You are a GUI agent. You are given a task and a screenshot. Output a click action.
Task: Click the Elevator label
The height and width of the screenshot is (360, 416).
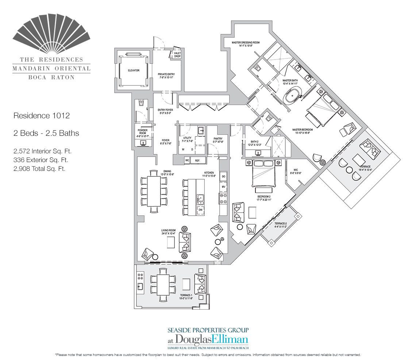pos(133,70)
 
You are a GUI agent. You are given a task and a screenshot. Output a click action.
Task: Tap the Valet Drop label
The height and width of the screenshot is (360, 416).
pos(177,55)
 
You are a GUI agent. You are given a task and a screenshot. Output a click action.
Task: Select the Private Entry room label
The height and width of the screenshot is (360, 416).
pos(166,76)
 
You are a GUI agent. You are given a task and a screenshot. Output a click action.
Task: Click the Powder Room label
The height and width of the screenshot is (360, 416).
pos(142,131)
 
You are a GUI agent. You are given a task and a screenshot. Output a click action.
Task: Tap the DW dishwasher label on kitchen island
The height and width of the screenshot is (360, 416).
pos(200,210)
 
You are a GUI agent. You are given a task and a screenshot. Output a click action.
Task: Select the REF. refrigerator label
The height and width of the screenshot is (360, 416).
pos(198,160)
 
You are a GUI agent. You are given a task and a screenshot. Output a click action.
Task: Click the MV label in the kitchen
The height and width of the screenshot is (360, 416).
pos(223,187)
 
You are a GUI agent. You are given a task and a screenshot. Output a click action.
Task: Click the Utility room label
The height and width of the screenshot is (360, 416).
pos(187,139)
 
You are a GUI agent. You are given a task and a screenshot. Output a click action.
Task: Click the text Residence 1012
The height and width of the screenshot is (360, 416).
pos(41,116)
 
